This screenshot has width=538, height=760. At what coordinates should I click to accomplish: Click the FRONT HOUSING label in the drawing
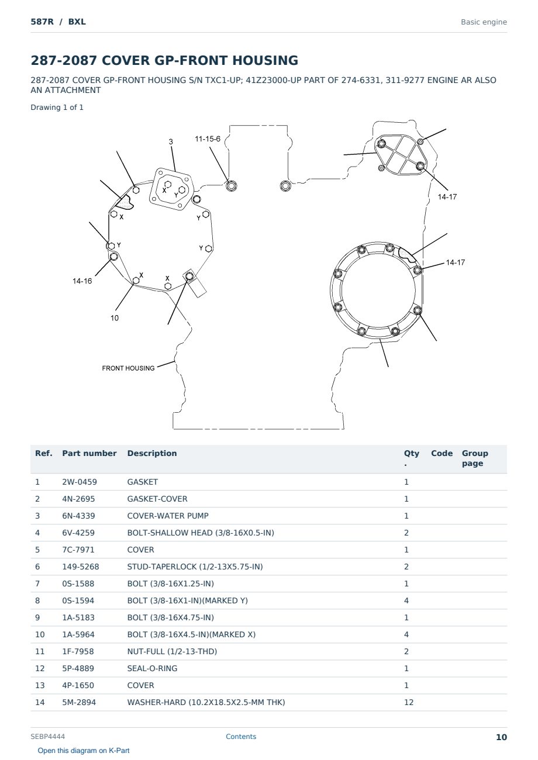128,368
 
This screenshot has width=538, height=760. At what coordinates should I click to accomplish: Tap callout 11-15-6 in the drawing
208,139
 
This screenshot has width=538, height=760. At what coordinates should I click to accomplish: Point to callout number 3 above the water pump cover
171,142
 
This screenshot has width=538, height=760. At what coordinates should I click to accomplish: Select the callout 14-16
82,281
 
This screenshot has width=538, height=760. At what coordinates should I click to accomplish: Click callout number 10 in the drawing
115,318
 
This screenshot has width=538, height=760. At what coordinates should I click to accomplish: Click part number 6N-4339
78,516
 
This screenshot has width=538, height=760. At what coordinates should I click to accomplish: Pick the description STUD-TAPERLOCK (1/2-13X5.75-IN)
195,566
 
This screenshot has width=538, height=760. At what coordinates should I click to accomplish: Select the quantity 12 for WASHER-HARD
409,702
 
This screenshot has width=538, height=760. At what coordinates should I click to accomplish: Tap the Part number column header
89,453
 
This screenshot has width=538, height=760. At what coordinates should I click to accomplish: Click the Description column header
152,453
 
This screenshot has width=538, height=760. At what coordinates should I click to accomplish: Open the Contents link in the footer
241,737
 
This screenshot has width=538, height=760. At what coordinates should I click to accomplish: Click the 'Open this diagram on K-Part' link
84,751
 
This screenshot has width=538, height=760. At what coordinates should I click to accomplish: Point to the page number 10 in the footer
501,737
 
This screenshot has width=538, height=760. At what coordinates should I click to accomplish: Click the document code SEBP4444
47,737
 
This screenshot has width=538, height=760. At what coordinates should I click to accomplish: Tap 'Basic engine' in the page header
484,22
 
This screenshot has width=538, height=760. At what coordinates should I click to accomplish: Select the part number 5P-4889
78,668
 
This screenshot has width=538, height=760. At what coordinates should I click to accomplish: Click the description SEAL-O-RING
152,668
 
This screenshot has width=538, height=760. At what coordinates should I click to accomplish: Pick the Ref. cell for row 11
40,651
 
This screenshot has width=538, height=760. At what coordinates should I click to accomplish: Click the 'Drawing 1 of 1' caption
57,108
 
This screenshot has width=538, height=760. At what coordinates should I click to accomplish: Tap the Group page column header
475,458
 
